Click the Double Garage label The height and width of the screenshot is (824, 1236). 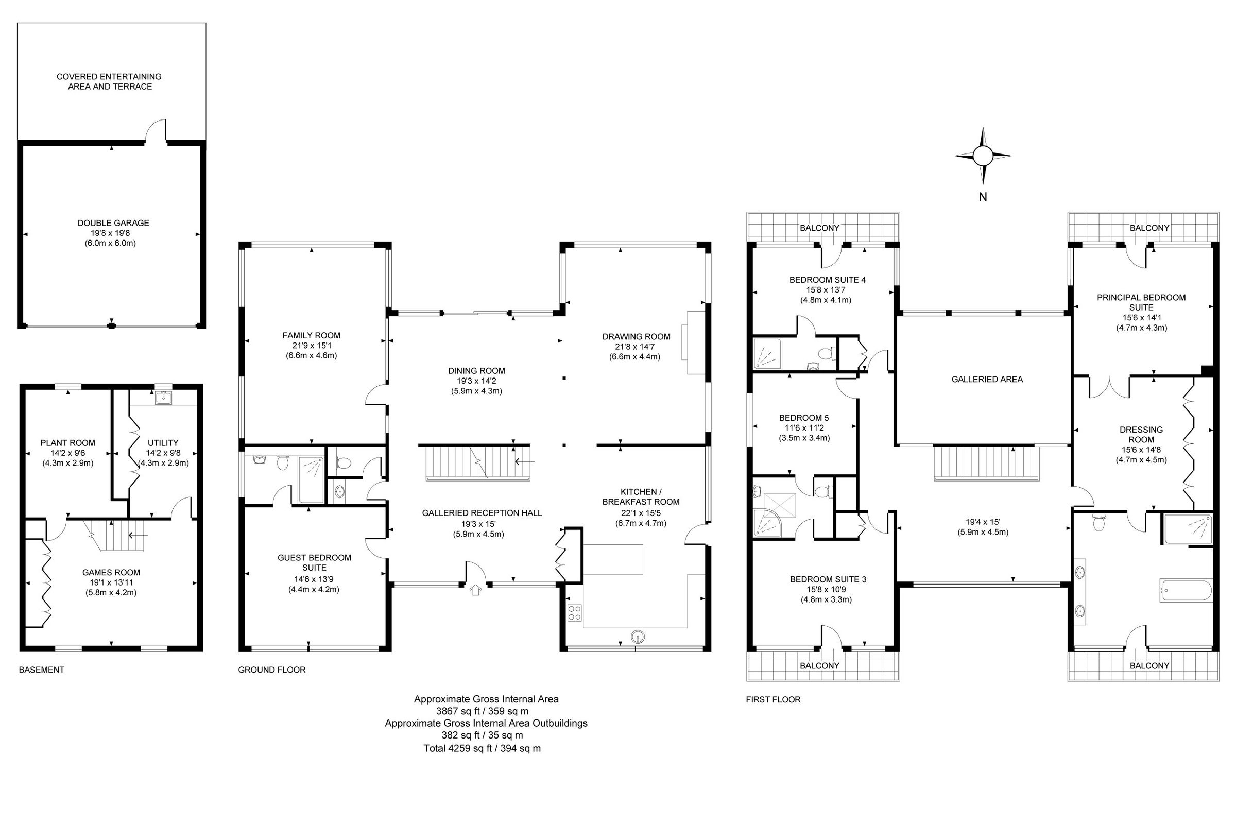[x=113, y=223]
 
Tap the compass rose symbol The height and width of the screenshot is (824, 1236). [x=982, y=156]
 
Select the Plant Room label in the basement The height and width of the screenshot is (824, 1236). [x=68, y=443]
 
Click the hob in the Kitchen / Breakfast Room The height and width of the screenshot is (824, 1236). [x=574, y=613]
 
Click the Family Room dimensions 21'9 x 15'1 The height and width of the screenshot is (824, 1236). [x=312, y=345]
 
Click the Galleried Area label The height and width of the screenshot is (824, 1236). [x=987, y=380]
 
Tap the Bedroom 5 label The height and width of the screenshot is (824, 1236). [x=804, y=418]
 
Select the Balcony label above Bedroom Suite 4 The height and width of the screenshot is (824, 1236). [x=819, y=228]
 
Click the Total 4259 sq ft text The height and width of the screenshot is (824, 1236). [x=482, y=748]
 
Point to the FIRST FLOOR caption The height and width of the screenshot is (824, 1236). [x=773, y=699]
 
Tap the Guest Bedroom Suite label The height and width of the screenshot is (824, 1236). [x=314, y=562]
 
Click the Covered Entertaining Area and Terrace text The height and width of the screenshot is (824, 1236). [x=109, y=81]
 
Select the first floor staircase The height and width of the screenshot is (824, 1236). [x=986, y=463]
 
